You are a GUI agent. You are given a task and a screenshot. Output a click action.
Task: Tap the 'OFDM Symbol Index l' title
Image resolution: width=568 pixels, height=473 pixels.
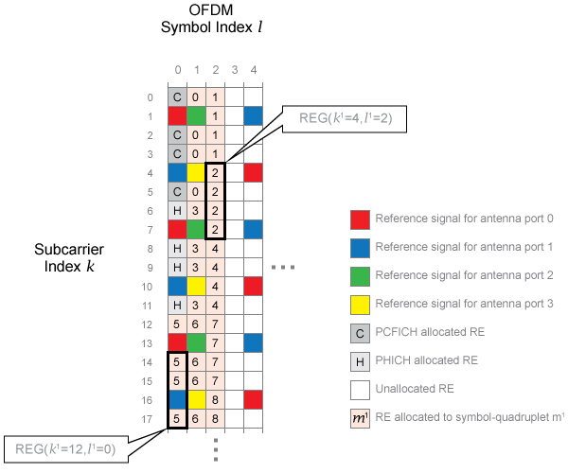tap(211, 28)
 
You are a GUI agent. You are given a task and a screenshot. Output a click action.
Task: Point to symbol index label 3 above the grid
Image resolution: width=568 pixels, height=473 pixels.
tap(234, 70)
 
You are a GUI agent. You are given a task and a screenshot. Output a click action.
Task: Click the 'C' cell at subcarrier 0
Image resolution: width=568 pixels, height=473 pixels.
tap(177, 97)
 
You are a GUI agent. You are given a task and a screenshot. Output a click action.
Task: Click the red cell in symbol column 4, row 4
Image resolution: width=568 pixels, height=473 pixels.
tap(253, 173)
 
